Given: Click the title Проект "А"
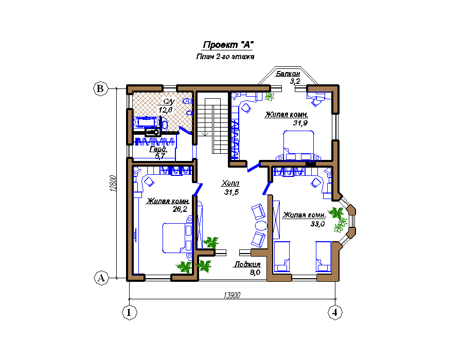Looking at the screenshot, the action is point(228,45).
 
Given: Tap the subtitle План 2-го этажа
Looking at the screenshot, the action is point(225,57).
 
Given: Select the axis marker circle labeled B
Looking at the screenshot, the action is point(100,88).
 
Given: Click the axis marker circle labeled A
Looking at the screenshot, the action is point(101,278).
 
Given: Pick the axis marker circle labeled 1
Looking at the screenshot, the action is point(129,312).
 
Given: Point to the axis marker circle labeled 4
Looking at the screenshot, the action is point(335,312).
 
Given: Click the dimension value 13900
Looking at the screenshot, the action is point(232,295).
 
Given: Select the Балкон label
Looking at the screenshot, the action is point(288,74).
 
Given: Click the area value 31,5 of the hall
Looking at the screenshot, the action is point(232,192).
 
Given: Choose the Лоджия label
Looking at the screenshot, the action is point(247,264).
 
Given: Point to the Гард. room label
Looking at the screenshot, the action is point(158,149).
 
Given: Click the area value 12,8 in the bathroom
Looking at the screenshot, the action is point(166,110).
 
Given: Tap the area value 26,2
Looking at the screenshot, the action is point(180,209).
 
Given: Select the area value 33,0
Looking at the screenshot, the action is point(317,224).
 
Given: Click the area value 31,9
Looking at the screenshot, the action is point(300,123).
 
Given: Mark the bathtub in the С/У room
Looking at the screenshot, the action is point(147,122).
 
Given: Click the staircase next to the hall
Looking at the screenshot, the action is point(212,125).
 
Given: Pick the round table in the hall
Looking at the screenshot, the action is point(261,226).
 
